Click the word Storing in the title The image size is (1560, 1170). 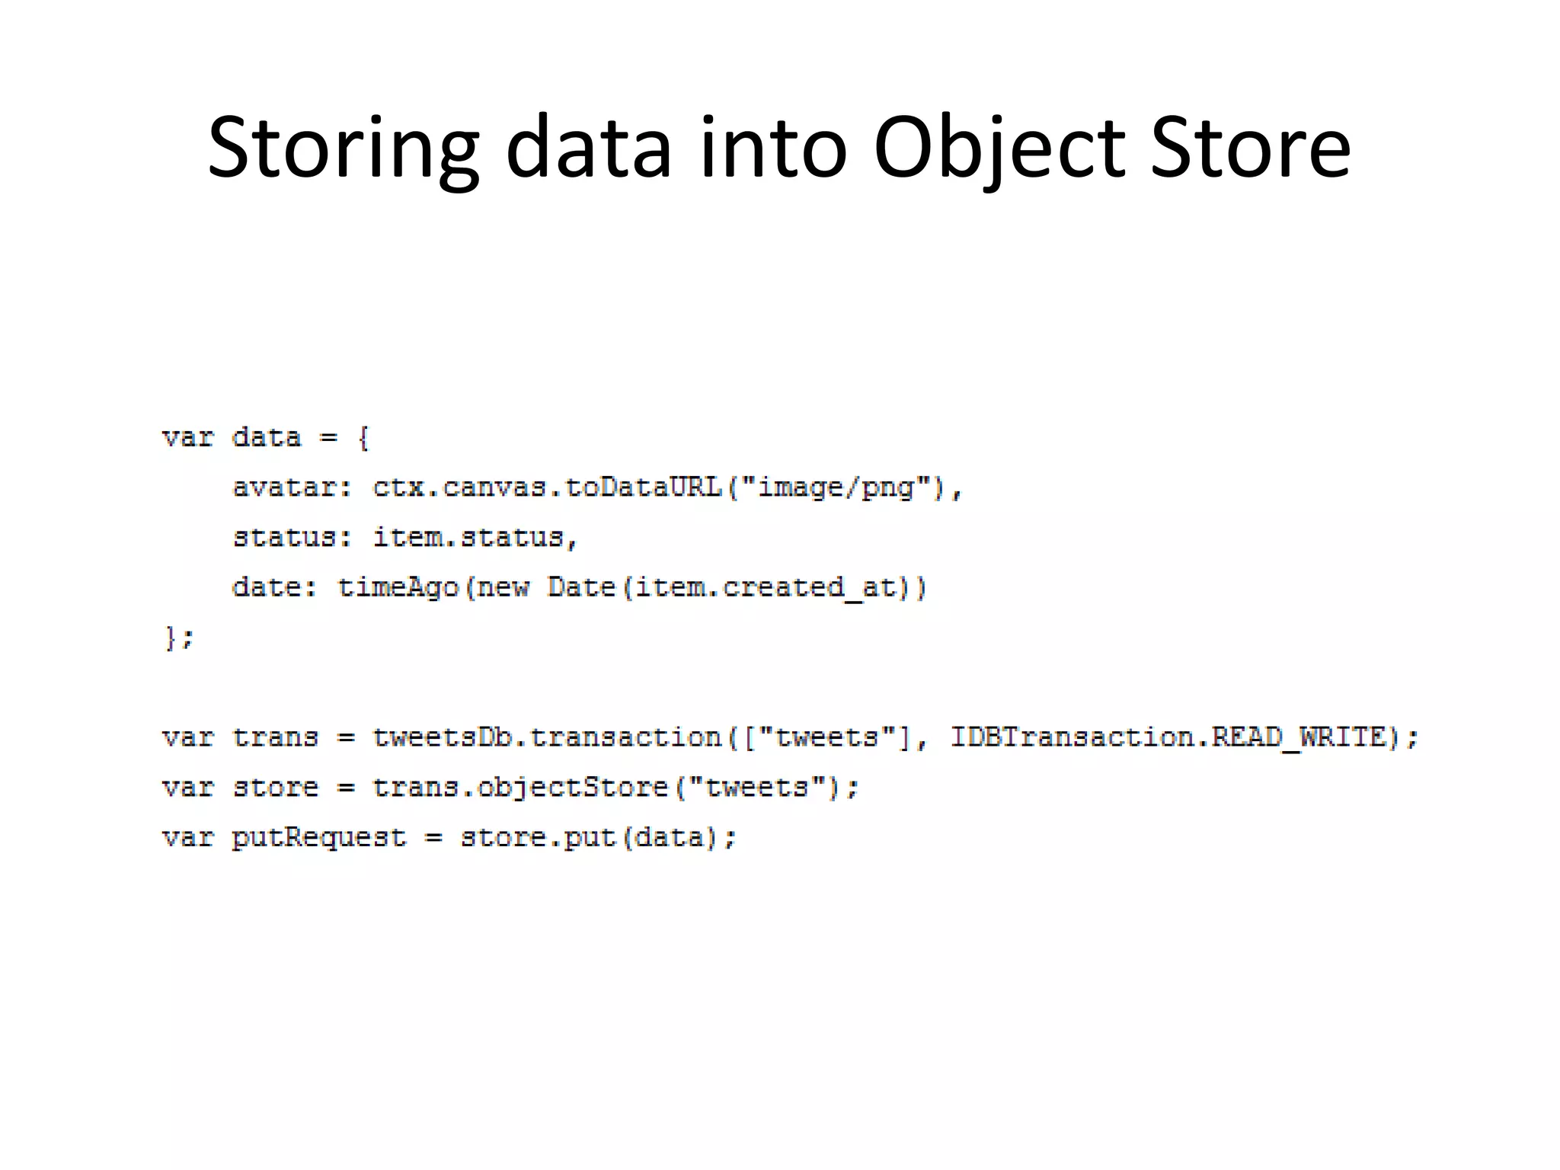click(x=343, y=149)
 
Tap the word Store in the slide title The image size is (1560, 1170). click(x=1250, y=149)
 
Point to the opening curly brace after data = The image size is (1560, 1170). click(x=363, y=438)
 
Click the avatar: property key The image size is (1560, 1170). click(x=292, y=487)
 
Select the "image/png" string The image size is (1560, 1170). click(x=836, y=487)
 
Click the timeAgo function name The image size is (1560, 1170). click(x=398, y=587)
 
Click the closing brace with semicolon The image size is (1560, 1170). click(x=179, y=638)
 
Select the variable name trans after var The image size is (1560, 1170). click(x=275, y=737)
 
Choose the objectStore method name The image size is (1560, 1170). click(x=573, y=787)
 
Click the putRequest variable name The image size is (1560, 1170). click(x=319, y=837)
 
